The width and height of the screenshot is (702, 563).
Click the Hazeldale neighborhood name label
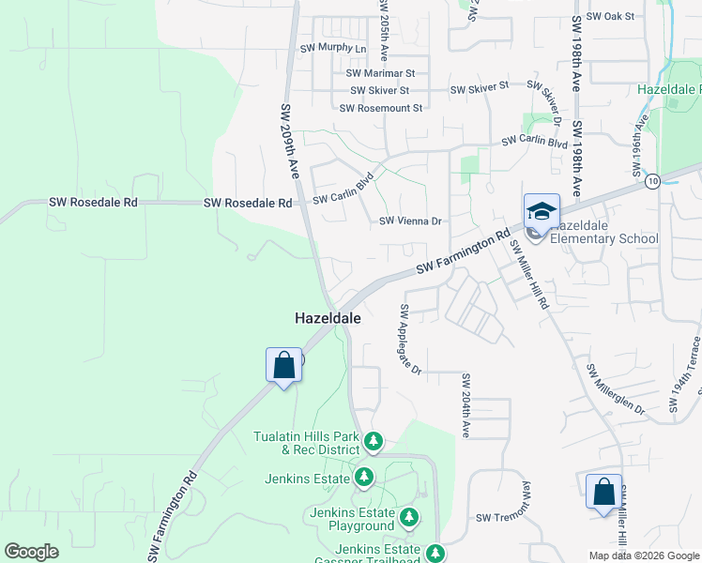[328, 319]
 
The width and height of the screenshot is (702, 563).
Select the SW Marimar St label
[380, 73]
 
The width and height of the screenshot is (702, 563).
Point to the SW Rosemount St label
[381, 108]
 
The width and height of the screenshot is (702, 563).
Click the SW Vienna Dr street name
[410, 221]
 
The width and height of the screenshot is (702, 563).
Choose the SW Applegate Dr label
[412, 339]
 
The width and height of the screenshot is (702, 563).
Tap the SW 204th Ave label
[465, 405]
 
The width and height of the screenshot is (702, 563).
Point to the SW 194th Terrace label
[683, 376]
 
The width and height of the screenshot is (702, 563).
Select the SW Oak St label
[610, 17]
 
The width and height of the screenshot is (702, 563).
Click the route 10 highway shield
[653, 180]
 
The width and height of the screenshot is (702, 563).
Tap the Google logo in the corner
[31, 552]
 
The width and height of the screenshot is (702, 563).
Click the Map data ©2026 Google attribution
[644, 555]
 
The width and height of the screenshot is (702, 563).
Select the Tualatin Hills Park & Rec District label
[307, 443]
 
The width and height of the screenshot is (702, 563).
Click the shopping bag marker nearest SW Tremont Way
[603, 493]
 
